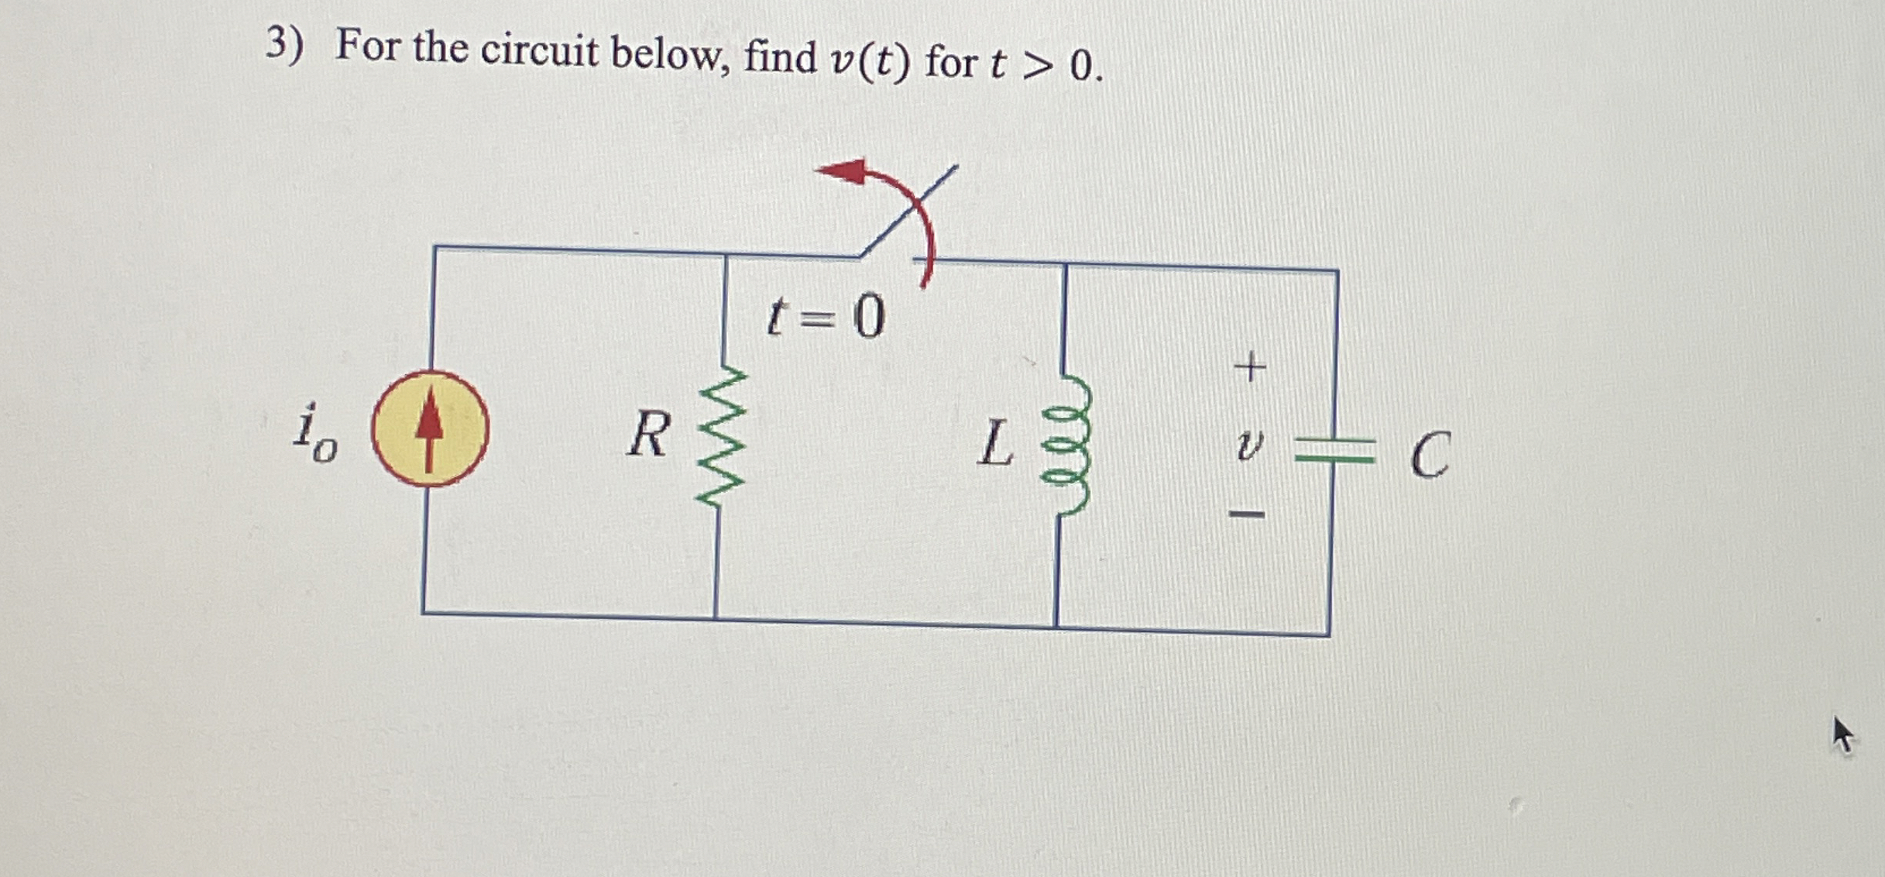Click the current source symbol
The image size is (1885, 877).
(430, 428)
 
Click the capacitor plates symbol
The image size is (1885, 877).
(1334, 450)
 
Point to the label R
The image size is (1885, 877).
(649, 435)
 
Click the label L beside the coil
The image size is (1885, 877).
(995, 444)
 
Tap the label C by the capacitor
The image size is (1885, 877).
(1429, 456)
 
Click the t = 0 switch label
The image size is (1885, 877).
(826, 318)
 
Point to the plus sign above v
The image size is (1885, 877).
(1249, 366)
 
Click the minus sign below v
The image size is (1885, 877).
(1248, 514)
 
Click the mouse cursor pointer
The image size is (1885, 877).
(1842, 733)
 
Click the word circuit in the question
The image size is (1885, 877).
(539, 51)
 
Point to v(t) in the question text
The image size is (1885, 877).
(869, 60)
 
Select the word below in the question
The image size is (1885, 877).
(669, 55)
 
